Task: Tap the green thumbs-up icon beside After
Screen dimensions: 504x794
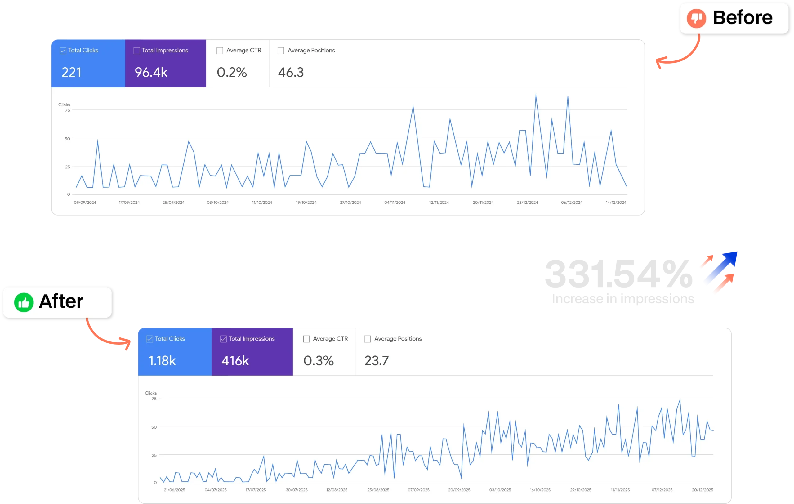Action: (24, 302)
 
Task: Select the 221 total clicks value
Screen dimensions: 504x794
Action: (71, 72)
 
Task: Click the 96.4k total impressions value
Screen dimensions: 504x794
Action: (151, 72)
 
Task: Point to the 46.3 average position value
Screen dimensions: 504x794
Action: (291, 72)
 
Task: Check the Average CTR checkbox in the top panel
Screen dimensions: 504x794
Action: (220, 51)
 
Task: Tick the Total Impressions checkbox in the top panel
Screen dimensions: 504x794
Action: (136, 51)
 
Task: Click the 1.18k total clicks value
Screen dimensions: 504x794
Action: (162, 361)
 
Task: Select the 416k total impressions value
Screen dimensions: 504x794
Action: (235, 361)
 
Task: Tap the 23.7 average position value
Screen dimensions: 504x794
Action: (377, 361)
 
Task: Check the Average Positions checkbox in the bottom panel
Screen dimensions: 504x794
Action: (367, 339)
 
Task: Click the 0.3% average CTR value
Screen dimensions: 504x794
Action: (319, 361)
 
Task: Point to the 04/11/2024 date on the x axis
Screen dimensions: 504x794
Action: (395, 203)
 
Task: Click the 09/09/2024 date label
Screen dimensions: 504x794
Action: (85, 203)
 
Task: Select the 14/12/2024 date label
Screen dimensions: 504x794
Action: (616, 203)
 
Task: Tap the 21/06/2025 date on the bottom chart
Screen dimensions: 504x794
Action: (174, 490)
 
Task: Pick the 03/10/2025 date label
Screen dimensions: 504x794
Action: (500, 490)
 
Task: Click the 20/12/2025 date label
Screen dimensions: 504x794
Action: (702, 490)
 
